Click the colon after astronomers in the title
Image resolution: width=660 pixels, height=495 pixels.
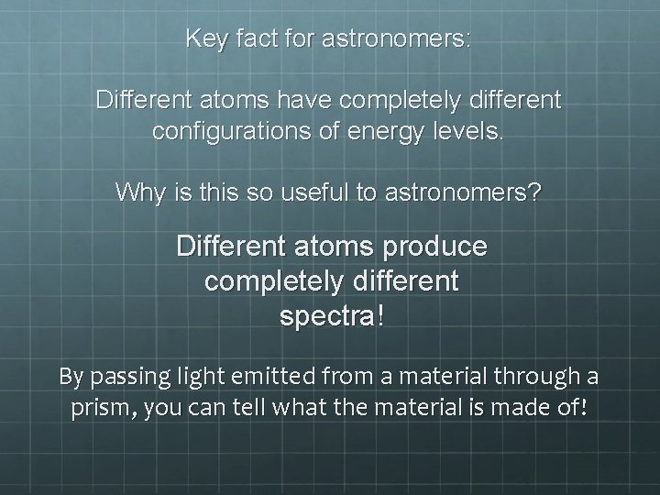point(469,40)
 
